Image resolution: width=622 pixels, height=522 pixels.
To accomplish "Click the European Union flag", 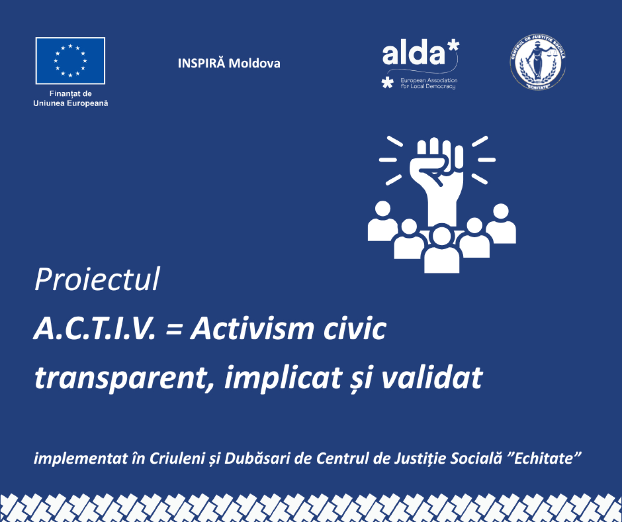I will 70,61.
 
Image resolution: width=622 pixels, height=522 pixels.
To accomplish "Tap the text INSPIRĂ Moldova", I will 229,64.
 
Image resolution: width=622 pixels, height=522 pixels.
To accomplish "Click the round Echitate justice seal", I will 538,63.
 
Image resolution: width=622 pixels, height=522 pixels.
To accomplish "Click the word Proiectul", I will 97,279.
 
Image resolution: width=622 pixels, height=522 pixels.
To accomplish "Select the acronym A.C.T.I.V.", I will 94,329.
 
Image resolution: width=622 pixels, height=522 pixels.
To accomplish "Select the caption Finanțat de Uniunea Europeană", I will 71,98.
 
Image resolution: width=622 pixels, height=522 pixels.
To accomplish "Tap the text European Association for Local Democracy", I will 429,83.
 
